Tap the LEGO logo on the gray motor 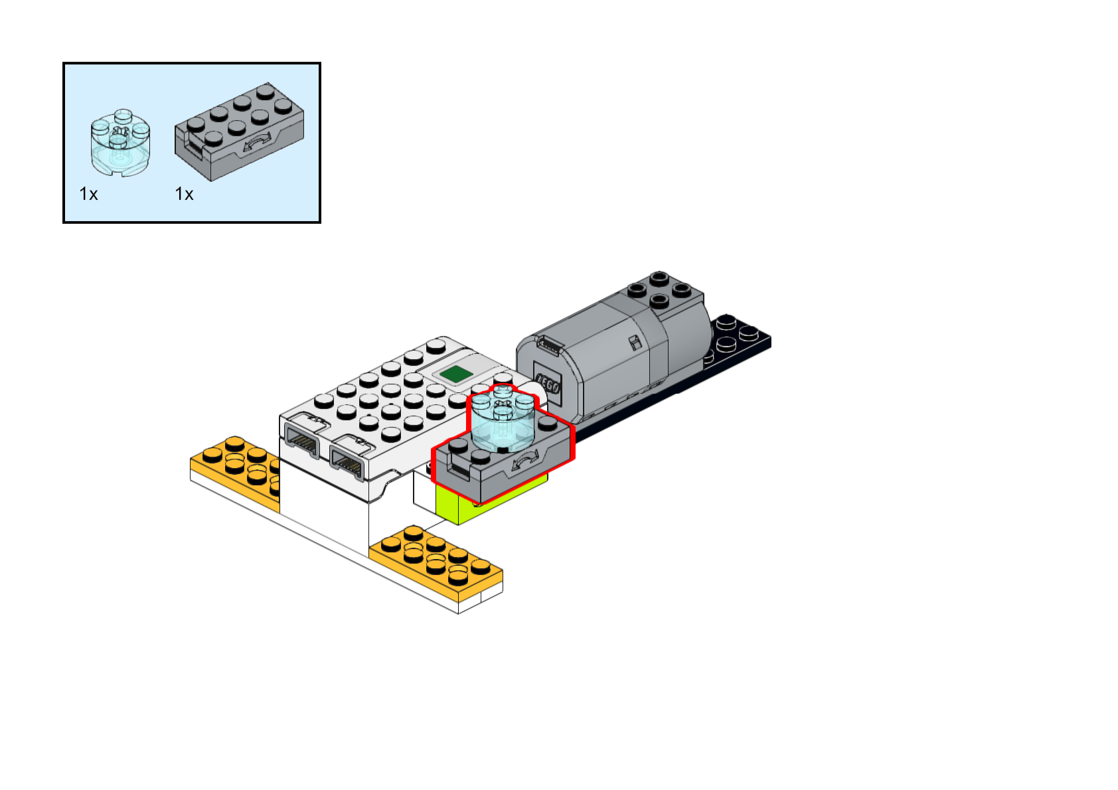[x=548, y=384]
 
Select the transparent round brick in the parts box [x=120, y=143]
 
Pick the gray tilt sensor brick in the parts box [x=240, y=131]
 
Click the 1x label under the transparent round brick [x=89, y=194]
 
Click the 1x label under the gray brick [x=184, y=194]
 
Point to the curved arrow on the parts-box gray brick [x=258, y=141]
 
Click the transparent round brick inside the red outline [x=503, y=419]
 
